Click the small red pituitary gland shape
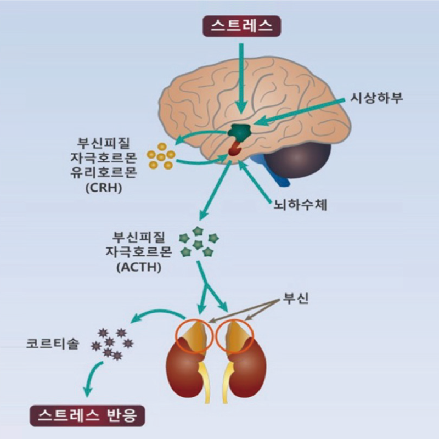click(235, 148)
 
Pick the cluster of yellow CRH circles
click(161, 156)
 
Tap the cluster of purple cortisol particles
click(112, 344)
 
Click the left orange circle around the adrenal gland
click(192, 336)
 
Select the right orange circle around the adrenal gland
click(235, 335)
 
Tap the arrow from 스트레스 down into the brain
click(240, 77)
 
